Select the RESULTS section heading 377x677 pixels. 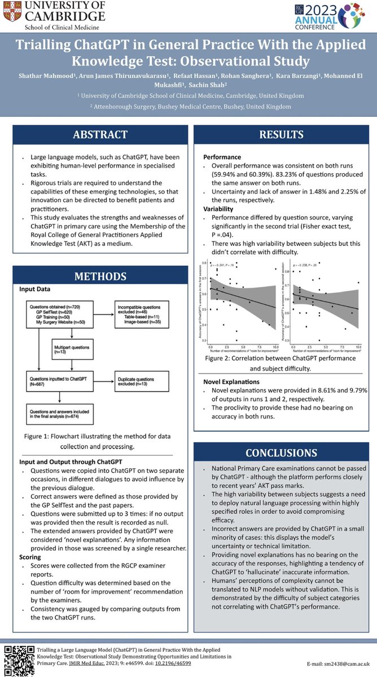tap(281, 135)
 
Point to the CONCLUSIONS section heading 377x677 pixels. tap(281, 452)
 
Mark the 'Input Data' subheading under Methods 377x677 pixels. tap(35, 289)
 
